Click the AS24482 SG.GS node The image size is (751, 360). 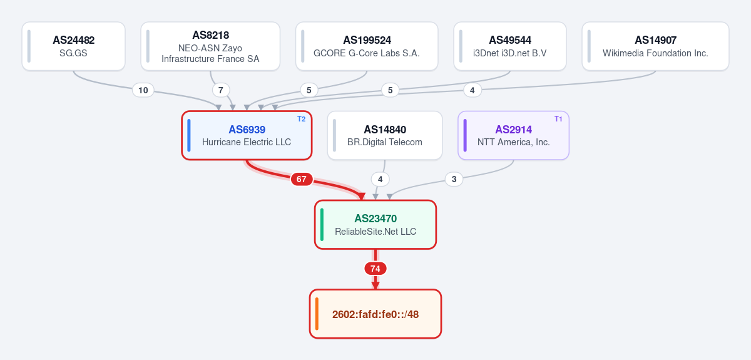pyautogui.click(x=73, y=46)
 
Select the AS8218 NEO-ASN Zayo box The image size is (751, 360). pyautogui.click(x=210, y=46)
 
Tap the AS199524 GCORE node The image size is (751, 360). pyautogui.click(x=367, y=46)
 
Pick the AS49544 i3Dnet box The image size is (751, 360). pyautogui.click(x=510, y=46)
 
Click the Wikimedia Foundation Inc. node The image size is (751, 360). pyautogui.click(x=655, y=46)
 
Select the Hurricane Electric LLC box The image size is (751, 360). pyautogui.click(x=247, y=135)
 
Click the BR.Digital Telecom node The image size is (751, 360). pyautogui.click(x=384, y=135)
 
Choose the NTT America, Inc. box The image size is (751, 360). pyautogui.click(x=513, y=135)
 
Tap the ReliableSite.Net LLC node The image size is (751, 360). pyautogui.click(x=375, y=225)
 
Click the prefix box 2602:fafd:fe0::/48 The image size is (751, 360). pyautogui.click(x=375, y=314)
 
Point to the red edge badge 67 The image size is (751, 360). pyautogui.click(x=302, y=179)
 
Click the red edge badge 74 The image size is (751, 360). pyautogui.click(x=375, y=269)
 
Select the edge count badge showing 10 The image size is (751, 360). pyautogui.click(x=143, y=90)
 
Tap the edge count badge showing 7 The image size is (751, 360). pyautogui.click(x=220, y=90)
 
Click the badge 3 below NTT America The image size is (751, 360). pyautogui.click(x=454, y=179)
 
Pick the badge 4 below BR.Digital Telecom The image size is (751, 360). pyautogui.click(x=381, y=179)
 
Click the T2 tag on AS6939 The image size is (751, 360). pyautogui.click(x=302, y=119)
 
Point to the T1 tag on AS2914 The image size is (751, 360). pyautogui.click(x=558, y=119)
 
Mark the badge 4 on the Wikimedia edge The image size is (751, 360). pyautogui.click(x=473, y=90)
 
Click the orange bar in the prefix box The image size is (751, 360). pyautogui.click(x=317, y=314)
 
